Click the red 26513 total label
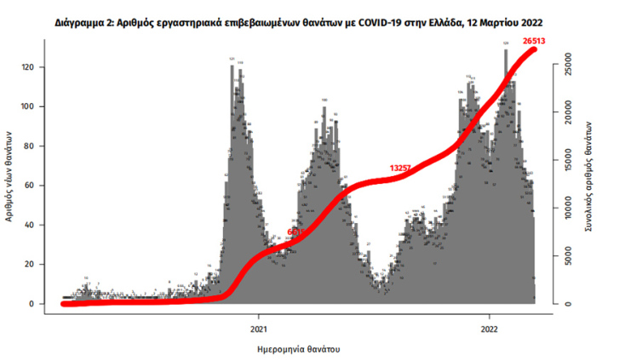533,39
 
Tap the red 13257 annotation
401,169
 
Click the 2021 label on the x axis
261,328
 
